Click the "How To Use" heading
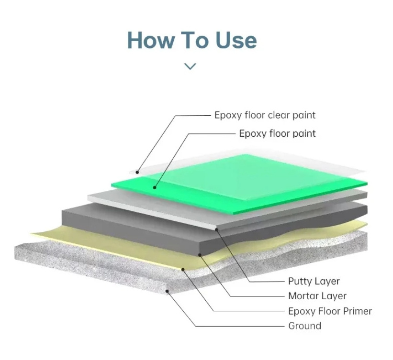click(192, 40)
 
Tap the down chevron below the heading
click(190, 66)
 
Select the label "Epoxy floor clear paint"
click(265, 115)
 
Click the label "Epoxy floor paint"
click(277, 134)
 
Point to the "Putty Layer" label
click(314, 281)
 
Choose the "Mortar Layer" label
click(317, 296)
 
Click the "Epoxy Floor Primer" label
click(330, 311)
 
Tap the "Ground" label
click(304, 326)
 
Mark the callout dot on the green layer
click(155, 187)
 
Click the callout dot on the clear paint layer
click(137, 172)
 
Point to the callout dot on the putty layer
click(216, 229)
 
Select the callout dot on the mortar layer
click(200, 255)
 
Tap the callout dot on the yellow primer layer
click(183, 270)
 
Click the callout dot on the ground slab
click(167, 291)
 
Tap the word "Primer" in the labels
click(358, 311)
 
